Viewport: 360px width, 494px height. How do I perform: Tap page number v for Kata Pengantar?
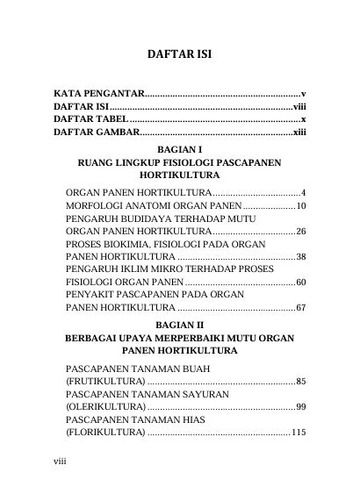302,92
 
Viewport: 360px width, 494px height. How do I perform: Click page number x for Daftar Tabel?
302,118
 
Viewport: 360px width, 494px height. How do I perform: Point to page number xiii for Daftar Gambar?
298,132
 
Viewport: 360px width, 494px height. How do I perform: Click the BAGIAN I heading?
179,149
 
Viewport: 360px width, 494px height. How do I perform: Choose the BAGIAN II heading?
179,324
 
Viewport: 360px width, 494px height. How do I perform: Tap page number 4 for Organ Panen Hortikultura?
302,192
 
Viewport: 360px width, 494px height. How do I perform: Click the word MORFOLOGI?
97,206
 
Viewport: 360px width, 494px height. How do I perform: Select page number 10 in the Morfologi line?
299,206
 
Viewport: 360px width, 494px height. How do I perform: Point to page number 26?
299,232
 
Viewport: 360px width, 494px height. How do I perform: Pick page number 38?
299,257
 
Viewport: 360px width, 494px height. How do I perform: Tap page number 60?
299,283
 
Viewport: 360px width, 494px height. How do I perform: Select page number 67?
299,308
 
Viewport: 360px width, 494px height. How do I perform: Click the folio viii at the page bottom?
60,458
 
